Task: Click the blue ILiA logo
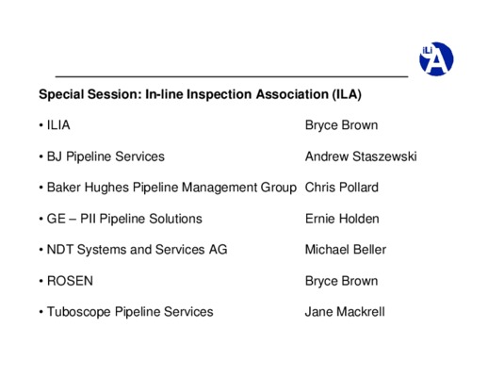[x=436, y=58]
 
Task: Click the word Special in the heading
[x=61, y=94]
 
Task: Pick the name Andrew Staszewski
[x=361, y=156]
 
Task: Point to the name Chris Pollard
[x=342, y=188]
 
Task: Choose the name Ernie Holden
[x=342, y=219]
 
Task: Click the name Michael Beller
[x=346, y=250]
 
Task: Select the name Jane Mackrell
[x=345, y=312]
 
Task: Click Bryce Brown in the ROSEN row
[x=341, y=281]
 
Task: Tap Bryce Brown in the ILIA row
[x=341, y=125]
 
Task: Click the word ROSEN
[x=70, y=281]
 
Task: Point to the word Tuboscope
[x=79, y=312]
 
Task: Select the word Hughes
[x=106, y=188]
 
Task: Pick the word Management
[x=220, y=188]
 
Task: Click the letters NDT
[x=60, y=250]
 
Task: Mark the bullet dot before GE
[x=41, y=219]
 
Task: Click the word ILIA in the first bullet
[x=58, y=125]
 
